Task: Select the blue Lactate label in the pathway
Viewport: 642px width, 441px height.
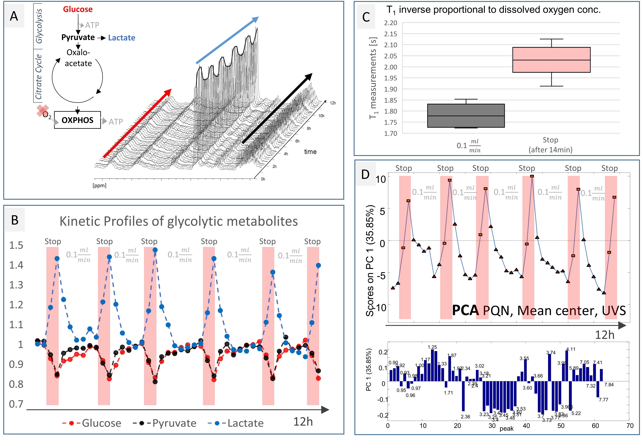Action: pos(122,38)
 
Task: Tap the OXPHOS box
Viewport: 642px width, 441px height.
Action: pos(77,120)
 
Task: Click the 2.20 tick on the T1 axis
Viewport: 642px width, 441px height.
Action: pos(391,23)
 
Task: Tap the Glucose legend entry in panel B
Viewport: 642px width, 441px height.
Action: pos(93,423)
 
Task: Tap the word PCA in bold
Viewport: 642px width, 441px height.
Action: pos(465,311)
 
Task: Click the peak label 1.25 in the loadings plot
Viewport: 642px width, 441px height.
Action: pos(432,347)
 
